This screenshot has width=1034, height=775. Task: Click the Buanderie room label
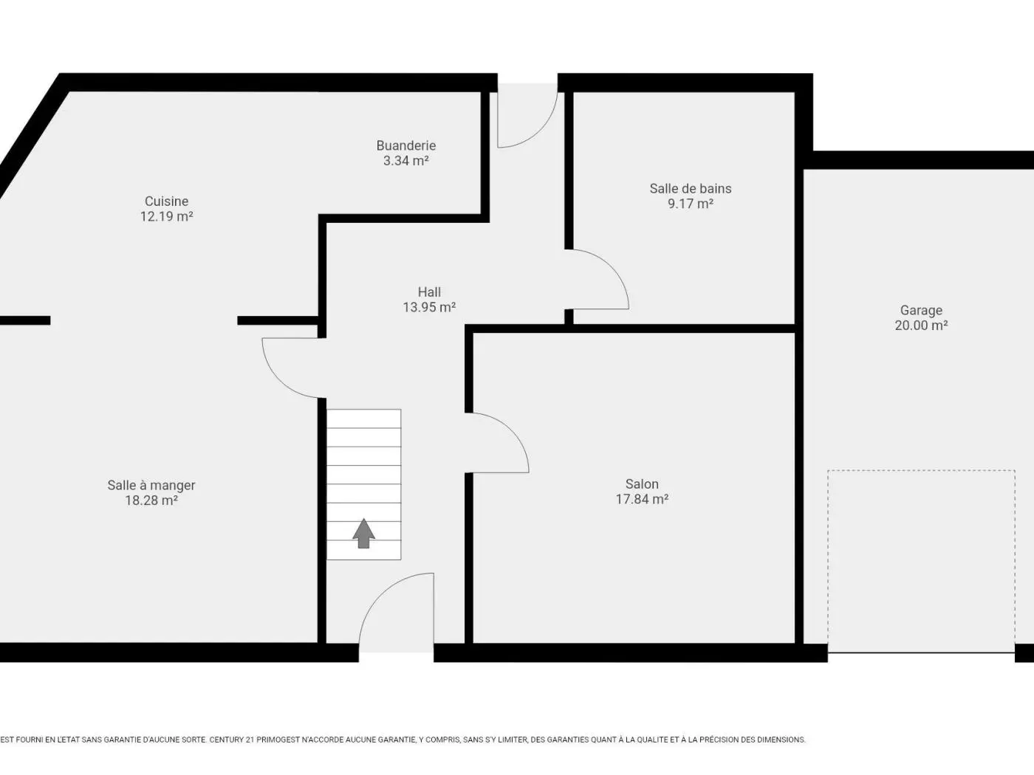[x=405, y=145]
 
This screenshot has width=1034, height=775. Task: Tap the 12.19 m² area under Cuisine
[x=166, y=216]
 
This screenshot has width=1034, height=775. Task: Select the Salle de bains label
[x=690, y=189]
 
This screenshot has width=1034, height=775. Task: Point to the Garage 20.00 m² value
[x=921, y=325]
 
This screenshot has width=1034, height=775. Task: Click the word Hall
[x=429, y=292]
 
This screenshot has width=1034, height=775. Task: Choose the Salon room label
[x=642, y=484]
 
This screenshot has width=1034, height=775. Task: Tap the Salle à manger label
[x=151, y=486]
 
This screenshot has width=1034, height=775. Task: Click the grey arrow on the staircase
[x=363, y=533]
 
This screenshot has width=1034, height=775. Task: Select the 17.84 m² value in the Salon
[x=642, y=499]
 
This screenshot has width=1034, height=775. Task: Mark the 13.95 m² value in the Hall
[x=429, y=307]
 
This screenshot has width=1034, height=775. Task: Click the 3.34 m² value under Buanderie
[x=405, y=161]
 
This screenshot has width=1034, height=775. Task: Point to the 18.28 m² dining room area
[x=151, y=500]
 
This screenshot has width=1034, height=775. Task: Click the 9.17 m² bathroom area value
[x=690, y=204]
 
